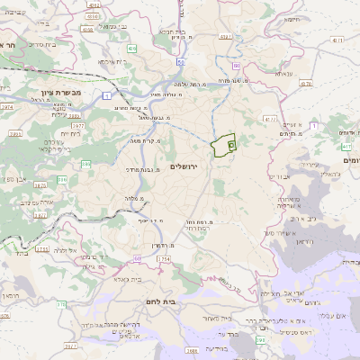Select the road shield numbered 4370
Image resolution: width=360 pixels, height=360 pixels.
click(x=337, y=40)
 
